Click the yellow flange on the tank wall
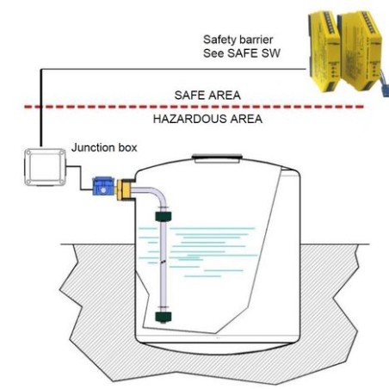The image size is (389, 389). [126, 188]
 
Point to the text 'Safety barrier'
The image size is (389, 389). [238, 40]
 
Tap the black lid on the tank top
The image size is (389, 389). [214, 157]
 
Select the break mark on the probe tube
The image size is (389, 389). [161, 260]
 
